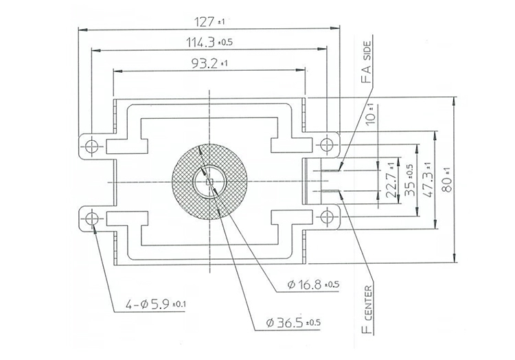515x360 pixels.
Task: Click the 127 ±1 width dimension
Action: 210,21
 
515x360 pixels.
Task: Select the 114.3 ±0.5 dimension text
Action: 210,43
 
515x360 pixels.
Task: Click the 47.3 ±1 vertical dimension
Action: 427,180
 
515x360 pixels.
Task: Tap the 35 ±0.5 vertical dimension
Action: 409,180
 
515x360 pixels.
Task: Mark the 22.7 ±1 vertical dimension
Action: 391,180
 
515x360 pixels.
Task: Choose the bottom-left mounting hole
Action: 91,218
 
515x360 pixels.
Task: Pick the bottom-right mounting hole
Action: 328,218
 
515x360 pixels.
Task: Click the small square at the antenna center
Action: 209,181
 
